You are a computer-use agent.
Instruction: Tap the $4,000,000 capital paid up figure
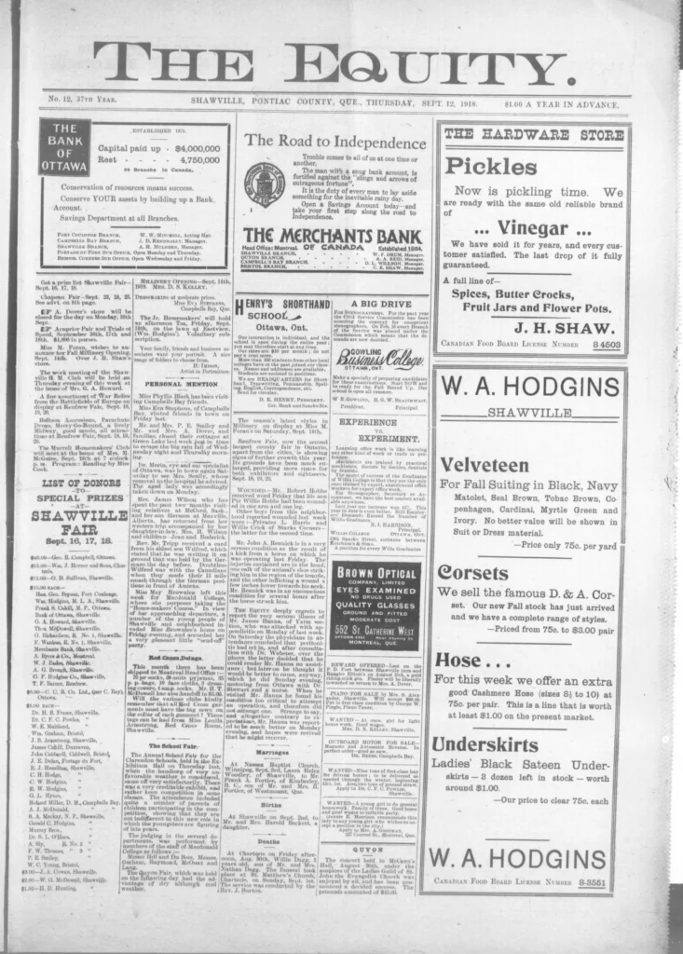193,148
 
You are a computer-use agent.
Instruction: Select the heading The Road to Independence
322,141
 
